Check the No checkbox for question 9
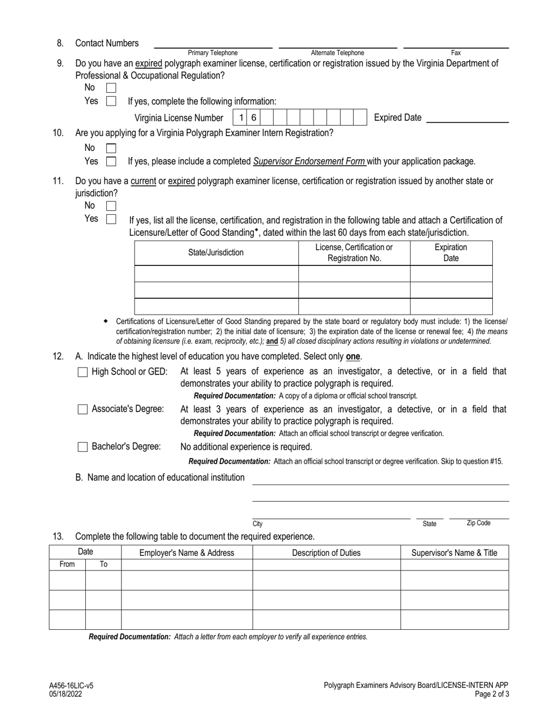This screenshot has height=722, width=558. [x=111, y=87]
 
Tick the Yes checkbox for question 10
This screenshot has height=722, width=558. [x=111, y=161]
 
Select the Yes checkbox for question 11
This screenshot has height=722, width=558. [x=111, y=219]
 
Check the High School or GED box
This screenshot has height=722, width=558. [x=83, y=372]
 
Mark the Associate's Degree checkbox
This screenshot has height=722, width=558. [x=83, y=409]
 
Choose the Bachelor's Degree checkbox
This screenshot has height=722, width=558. [x=83, y=447]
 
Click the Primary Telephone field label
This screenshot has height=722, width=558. [x=213, y=53]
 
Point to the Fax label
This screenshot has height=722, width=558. [x=456, y=53]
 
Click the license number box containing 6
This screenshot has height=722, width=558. [x=253, y=117]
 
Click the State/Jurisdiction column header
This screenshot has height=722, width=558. [x=216, y=253]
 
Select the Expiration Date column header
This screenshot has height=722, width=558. [x=451, y=253]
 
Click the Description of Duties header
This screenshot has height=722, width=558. [x=327, y=552]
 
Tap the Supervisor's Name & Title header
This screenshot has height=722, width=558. [x=454, y=552]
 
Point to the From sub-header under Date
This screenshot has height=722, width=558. [x=67, y=565]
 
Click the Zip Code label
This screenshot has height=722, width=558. [x=478, y=523]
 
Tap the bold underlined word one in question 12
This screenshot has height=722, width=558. [x=352, y=357]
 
